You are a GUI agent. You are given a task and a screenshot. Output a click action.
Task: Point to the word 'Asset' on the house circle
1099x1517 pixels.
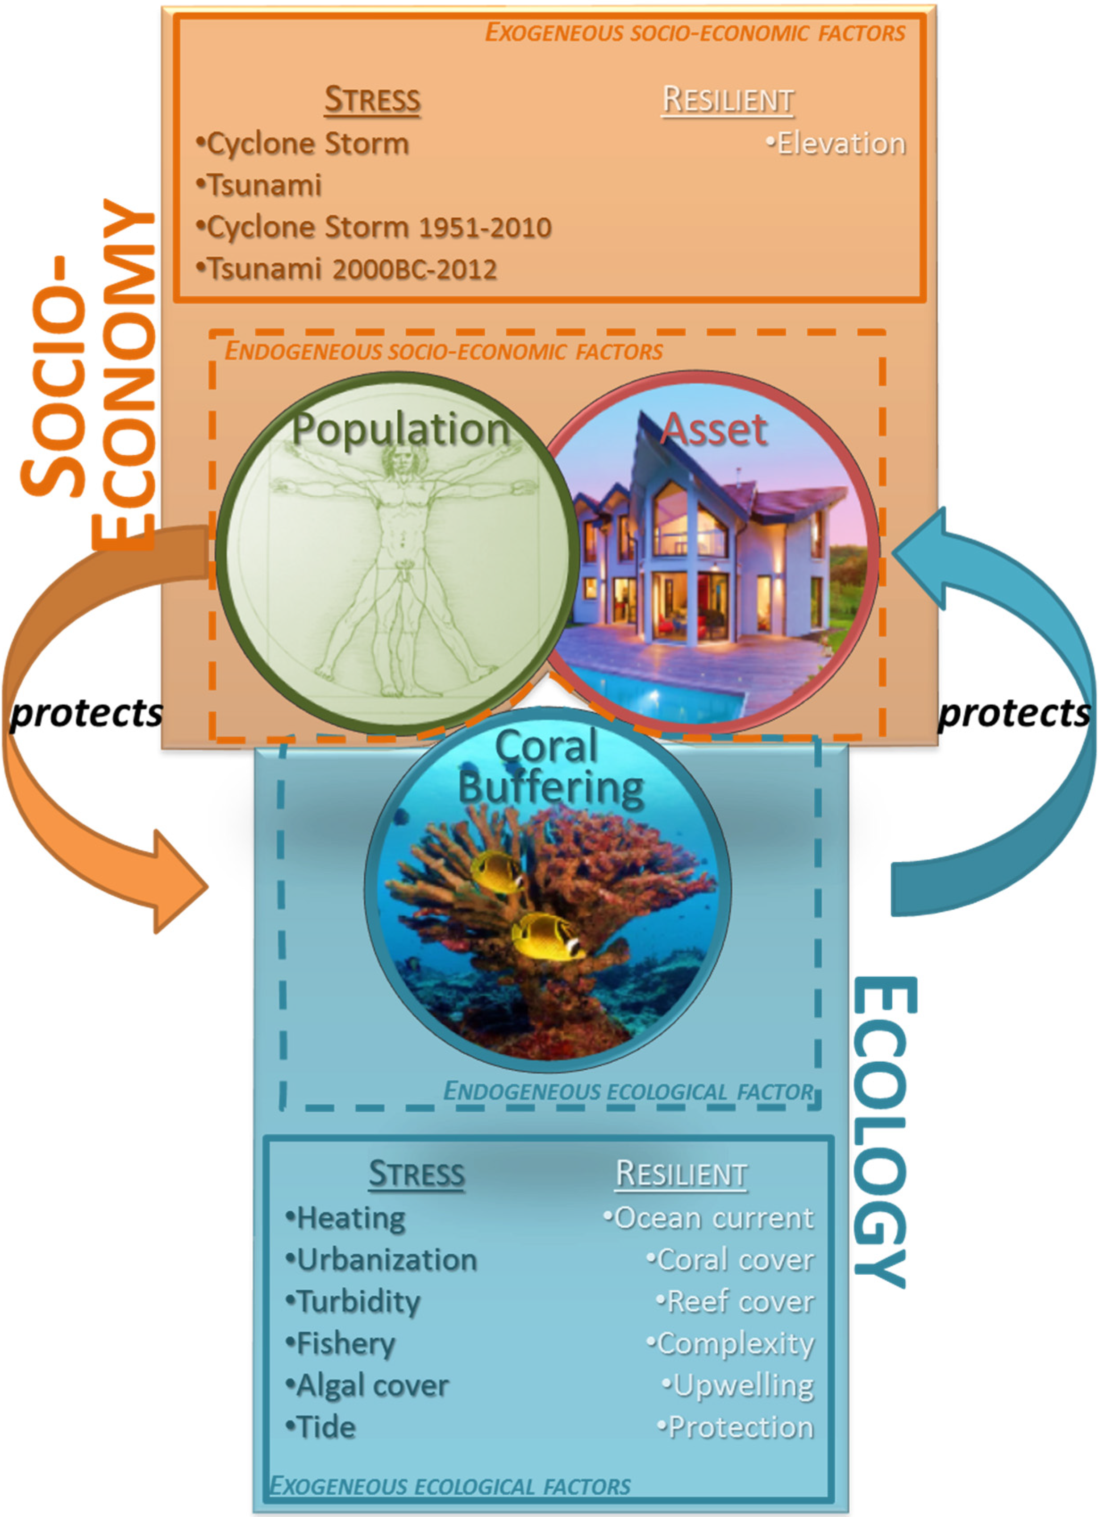point(714,429)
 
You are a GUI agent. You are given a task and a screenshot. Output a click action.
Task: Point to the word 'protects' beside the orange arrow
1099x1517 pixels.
point(86,714)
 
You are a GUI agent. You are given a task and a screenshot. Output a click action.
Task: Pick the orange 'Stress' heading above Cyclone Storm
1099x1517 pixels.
point(373,100)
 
